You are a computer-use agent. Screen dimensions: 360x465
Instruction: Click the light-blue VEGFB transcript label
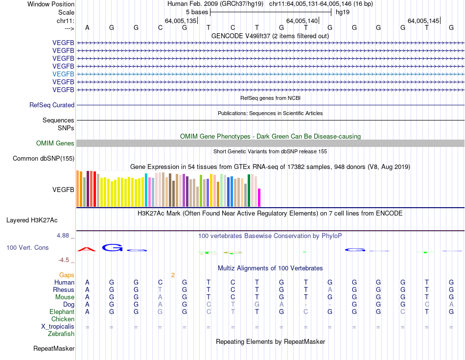(63, 74)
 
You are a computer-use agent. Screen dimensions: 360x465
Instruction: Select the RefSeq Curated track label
(52, 105)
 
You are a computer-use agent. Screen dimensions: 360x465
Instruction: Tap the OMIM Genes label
(55, 143)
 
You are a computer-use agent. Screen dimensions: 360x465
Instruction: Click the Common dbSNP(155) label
(44, 158)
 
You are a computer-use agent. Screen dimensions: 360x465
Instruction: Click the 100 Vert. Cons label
(27, 247)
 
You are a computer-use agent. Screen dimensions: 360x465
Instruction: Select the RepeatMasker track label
(54, 349)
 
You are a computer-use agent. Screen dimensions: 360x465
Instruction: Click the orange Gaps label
(67, 275)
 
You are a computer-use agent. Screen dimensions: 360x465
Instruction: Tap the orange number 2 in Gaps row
(173, 275)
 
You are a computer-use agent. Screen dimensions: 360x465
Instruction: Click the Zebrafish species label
(61, 334)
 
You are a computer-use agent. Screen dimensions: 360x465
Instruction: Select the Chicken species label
(63, 319)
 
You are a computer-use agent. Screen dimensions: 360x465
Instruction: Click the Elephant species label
(62, 312)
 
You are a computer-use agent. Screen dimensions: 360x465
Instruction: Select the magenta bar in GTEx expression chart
(259, 198)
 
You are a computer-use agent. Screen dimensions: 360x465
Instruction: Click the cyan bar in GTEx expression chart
(146, 190)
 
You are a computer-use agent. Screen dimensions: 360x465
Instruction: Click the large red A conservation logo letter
(87, 249)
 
